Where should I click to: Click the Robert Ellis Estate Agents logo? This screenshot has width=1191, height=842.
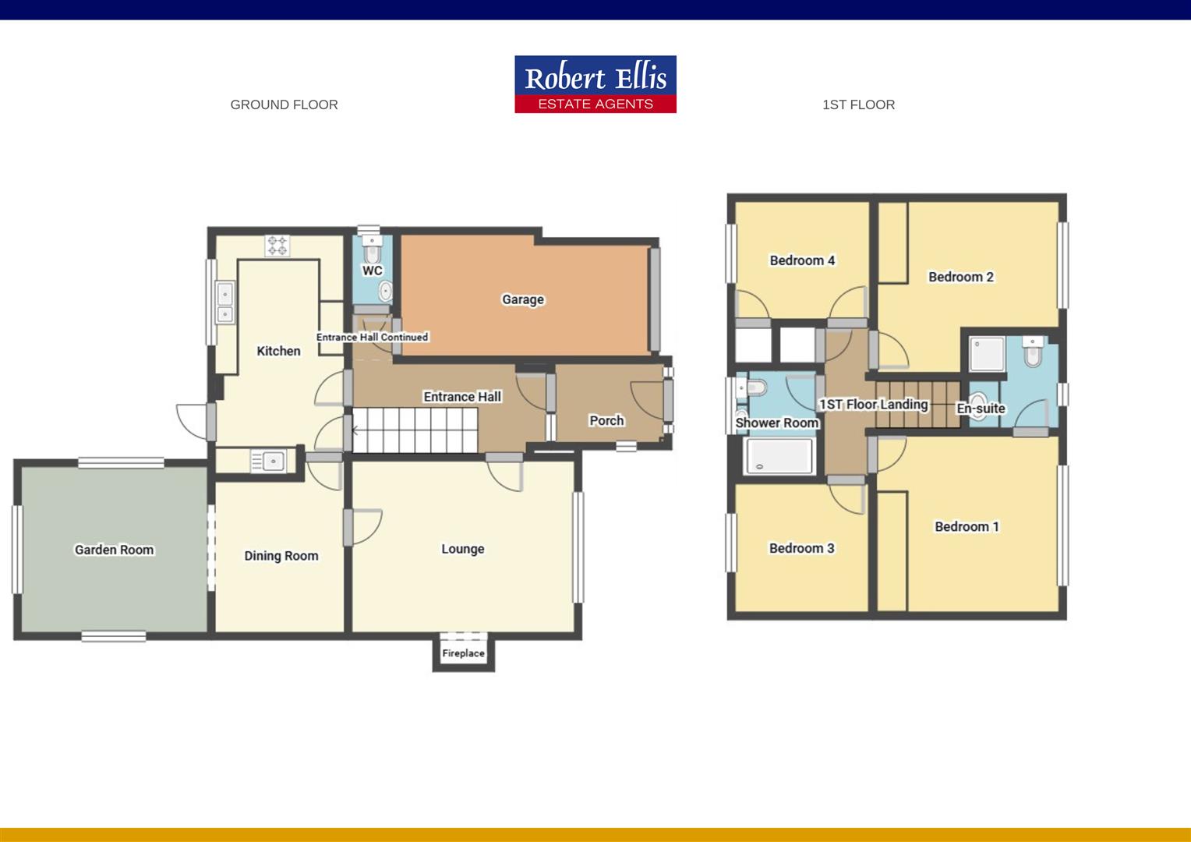point(595,84)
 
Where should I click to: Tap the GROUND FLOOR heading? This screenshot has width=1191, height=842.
point(284,104)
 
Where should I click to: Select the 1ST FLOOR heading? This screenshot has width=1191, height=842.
point(858,104)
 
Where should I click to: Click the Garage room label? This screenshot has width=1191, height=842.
point(522,299)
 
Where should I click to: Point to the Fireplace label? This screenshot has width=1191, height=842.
point(463,653)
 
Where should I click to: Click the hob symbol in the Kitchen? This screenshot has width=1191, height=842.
point(277,246)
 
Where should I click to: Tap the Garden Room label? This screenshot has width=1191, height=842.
point(114,550)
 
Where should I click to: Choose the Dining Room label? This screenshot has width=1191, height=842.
point(281,556)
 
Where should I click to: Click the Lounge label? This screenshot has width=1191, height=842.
point(462,549)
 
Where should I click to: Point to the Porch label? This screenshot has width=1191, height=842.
point(606,420)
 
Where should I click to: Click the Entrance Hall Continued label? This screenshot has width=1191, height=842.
point(372,337)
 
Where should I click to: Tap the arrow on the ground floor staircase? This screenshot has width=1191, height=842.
point(356,430)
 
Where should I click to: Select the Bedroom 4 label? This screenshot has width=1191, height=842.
point(802,260)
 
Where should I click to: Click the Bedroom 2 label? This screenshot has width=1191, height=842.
point(960,277)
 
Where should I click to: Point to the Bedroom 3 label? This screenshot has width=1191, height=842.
point(801,548)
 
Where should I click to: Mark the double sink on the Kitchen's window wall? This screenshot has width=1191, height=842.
point(224,303)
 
